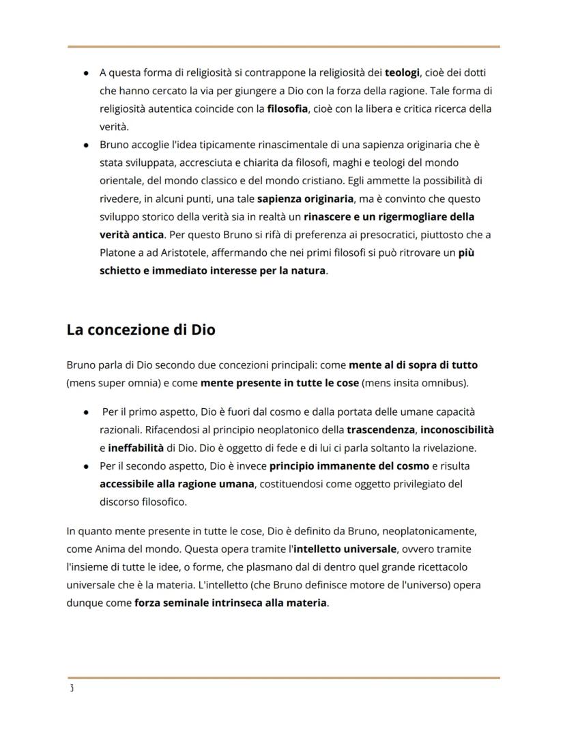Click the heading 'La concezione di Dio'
tap(141, 330)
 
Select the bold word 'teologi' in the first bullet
tap(402, 72)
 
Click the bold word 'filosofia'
tap(287, 109)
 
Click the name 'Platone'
tap(118, 253)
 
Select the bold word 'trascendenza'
tap(381, 430)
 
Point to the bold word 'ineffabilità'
tap(136, 448)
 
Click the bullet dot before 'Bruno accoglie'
tap(86, 145)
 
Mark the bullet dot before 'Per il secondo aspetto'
tap(86, 466)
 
